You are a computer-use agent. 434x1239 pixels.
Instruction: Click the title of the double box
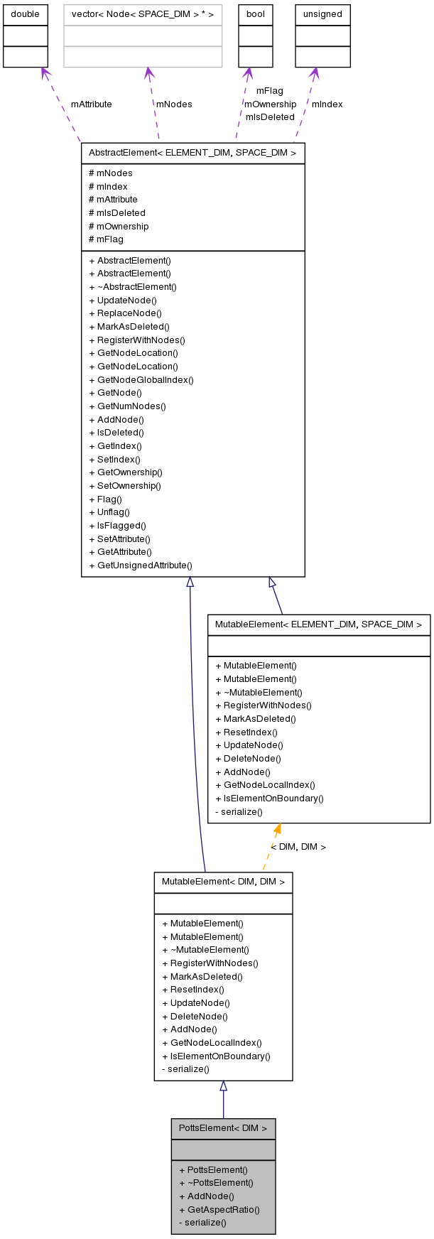point(25,14)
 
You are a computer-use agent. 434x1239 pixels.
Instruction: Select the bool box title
point(255,14)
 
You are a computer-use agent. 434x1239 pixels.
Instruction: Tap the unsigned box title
point(322,14)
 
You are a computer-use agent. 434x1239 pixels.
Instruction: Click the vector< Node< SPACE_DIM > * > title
point(143,14)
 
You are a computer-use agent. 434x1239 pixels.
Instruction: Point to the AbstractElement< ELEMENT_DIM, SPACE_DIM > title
point(192,153)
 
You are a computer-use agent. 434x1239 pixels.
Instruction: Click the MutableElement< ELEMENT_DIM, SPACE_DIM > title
point(318,624)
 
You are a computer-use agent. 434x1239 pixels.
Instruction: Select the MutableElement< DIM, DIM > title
point(223,882)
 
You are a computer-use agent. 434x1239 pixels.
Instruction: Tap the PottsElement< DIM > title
point(223,1128)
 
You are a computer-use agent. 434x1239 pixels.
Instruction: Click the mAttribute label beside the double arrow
point(91,104)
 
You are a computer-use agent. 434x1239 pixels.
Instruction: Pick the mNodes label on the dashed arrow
point(174,104)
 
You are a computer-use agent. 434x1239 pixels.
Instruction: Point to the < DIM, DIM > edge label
point(298,847)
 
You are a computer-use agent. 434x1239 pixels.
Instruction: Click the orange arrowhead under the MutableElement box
point(277,828)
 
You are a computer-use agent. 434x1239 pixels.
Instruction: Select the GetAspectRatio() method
point(219,1210)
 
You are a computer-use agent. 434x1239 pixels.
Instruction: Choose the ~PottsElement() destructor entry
point(216,1183)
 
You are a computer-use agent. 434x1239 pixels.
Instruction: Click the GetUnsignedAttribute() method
point(141,566)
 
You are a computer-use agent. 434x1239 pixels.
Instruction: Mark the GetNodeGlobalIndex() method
point(141,380)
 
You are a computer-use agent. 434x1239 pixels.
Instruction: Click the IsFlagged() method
point(117,526)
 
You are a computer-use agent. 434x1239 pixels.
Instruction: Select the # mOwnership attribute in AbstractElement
point(119,226)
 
